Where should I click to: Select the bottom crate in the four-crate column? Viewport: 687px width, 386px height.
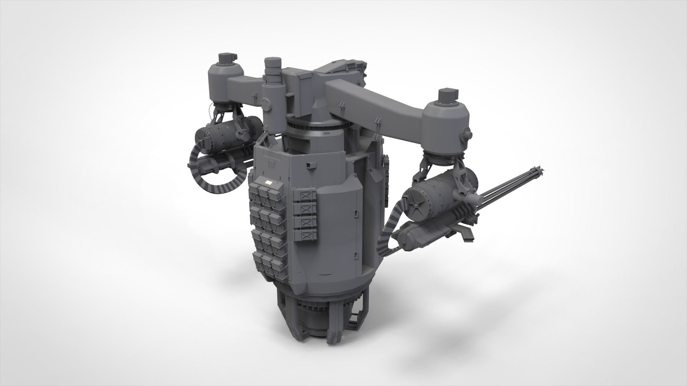pos(304,234)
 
